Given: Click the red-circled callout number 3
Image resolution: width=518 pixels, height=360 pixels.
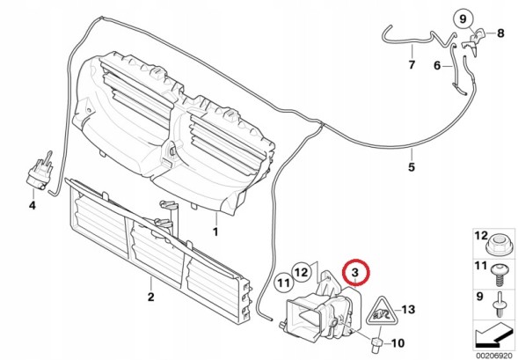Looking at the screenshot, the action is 356,272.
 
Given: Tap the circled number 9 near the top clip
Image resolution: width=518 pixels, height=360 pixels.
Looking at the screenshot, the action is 463,19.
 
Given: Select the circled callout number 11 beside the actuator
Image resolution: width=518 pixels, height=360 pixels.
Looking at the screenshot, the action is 283,283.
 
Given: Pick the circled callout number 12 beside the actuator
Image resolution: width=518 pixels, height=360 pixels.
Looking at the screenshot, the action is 301,272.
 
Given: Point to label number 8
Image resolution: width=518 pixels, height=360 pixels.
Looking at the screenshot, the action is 500,33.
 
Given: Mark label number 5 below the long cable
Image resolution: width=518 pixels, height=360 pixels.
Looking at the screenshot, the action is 411,166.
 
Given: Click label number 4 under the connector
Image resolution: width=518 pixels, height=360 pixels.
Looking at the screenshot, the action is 32,205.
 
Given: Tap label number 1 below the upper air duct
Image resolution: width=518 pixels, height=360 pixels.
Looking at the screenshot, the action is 215,231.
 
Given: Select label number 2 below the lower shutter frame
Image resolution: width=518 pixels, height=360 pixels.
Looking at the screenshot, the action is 150,297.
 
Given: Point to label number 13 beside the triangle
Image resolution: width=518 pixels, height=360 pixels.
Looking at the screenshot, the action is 408,310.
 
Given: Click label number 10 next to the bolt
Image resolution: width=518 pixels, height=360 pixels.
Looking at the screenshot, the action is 398,342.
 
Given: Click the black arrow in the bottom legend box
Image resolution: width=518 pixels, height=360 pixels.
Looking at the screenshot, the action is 494,334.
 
